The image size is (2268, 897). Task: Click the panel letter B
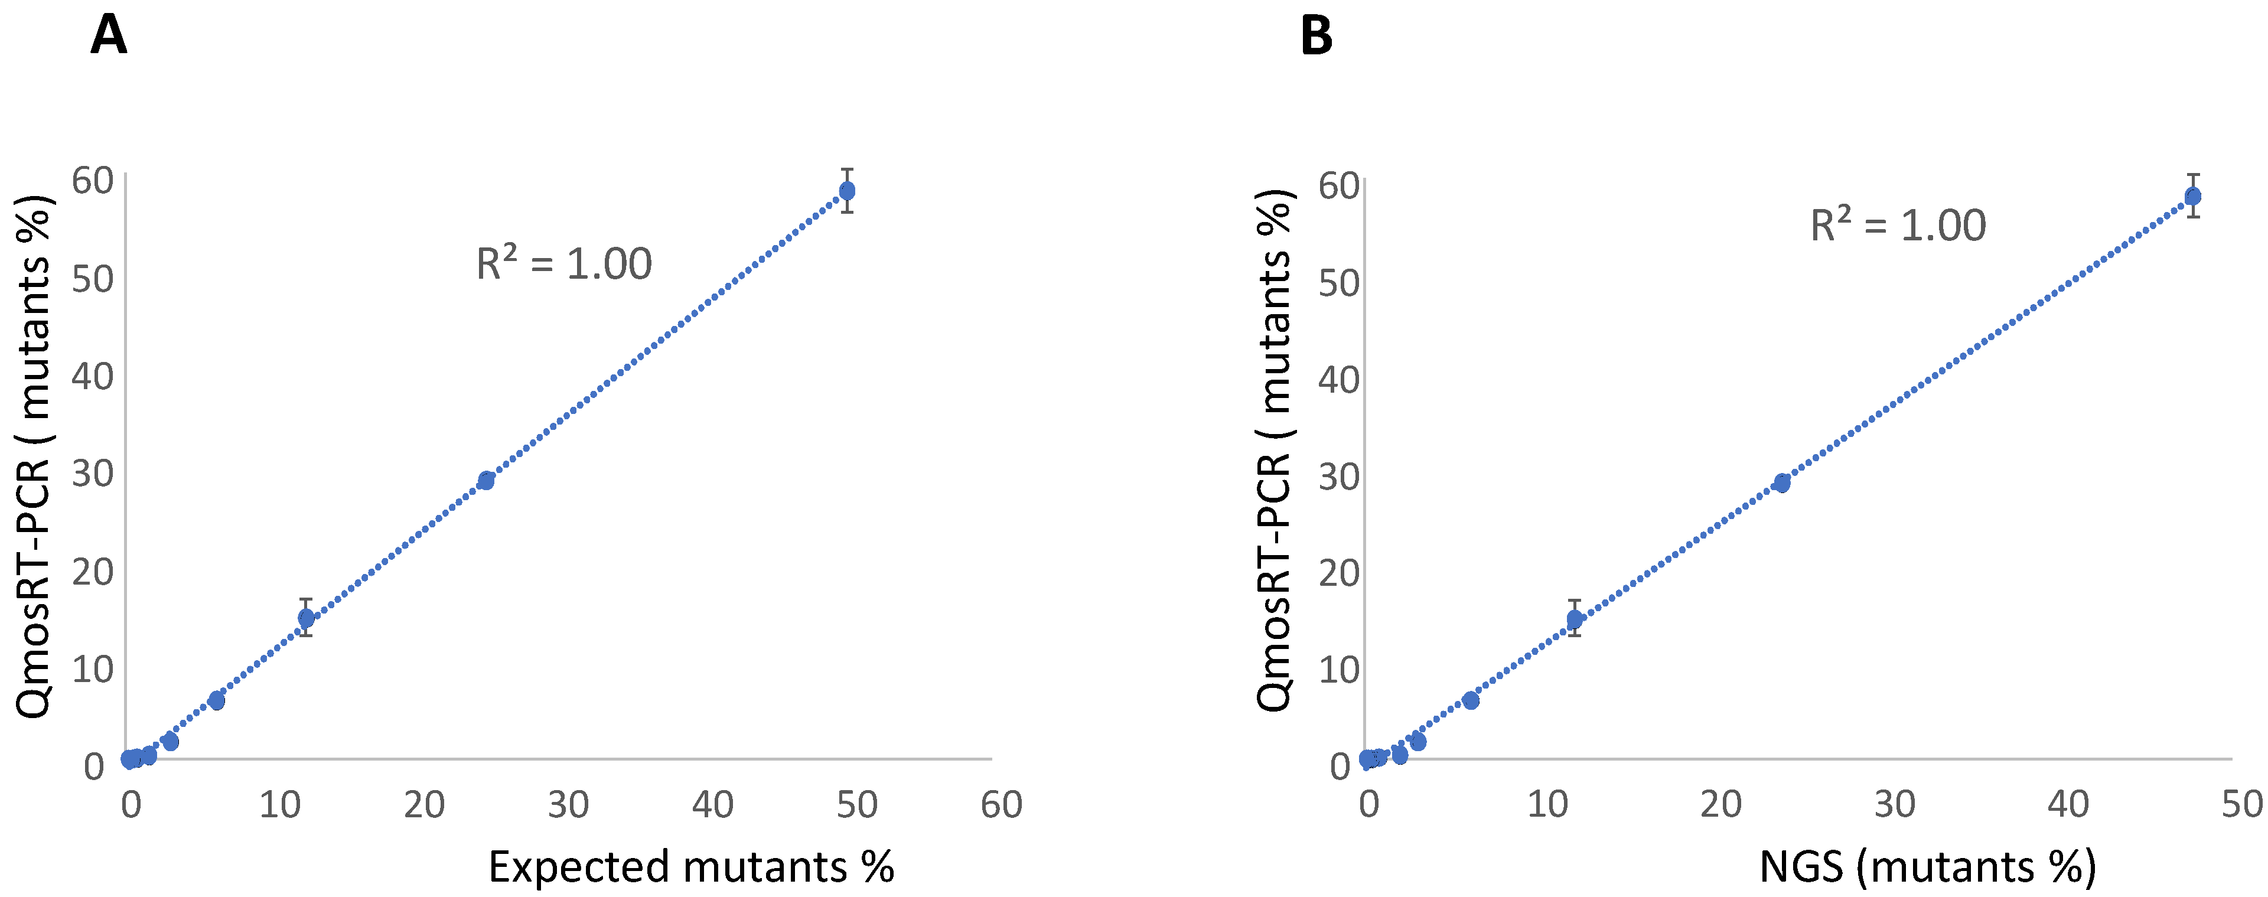coord(1317,37)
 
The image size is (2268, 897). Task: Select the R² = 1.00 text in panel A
coord(563,263)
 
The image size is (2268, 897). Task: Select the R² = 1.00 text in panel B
coord(1897,226)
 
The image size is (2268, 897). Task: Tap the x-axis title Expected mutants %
coord(691,866)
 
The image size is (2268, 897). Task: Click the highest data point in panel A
coord(847,190)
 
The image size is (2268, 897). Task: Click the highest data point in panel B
coord(2192,195)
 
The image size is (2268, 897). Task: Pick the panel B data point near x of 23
coord(1781,482)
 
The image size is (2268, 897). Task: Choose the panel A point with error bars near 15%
coord(305,617)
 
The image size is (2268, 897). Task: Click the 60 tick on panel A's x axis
coord(1001,804)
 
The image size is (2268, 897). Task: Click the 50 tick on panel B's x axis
coord(2241,804)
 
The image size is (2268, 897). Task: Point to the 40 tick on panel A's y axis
coord(93,377)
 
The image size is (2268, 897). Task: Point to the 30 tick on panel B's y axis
coord(1339,476)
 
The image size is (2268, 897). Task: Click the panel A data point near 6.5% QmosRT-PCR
coord(217,700)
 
